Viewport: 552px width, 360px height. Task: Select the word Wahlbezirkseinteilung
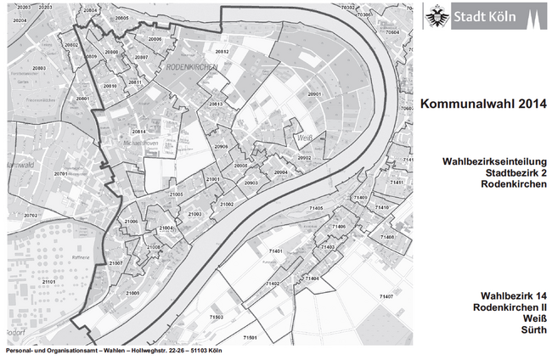(x=494, y=161)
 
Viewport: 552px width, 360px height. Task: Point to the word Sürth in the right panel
(x=532, y=330)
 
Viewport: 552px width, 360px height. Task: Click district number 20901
(x=315, y=94)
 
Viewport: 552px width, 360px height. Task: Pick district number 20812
(x=222, y=52)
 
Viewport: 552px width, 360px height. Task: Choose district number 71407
(x=386, y=296)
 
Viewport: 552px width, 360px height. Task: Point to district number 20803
(x=39, y=67)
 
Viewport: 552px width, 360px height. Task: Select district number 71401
(x=276, y=252)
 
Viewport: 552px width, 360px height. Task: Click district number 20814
(x=138, y=132)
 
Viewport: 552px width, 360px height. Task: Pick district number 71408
(x=387, y=237)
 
